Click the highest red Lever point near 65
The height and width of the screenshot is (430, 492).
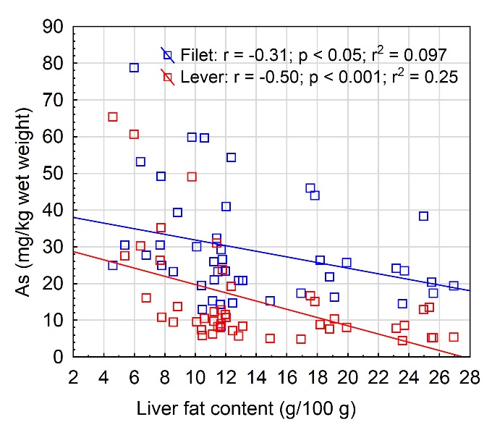tap(113, 117)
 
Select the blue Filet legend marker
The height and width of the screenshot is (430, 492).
tap(168, 54)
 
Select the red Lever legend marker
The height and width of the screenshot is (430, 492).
tap(168, 77)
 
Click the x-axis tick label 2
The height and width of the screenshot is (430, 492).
tap(73, 376)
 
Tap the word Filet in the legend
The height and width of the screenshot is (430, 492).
tap(196, 54)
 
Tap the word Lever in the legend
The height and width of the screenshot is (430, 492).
tap(199, 77)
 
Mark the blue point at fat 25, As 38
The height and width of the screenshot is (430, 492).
tap(424, 216)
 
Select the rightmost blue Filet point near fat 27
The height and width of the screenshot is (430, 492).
tap(454, 286)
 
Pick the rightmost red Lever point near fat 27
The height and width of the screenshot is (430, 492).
tap(454, 337)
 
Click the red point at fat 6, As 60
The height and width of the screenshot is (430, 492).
tap(134, 134)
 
